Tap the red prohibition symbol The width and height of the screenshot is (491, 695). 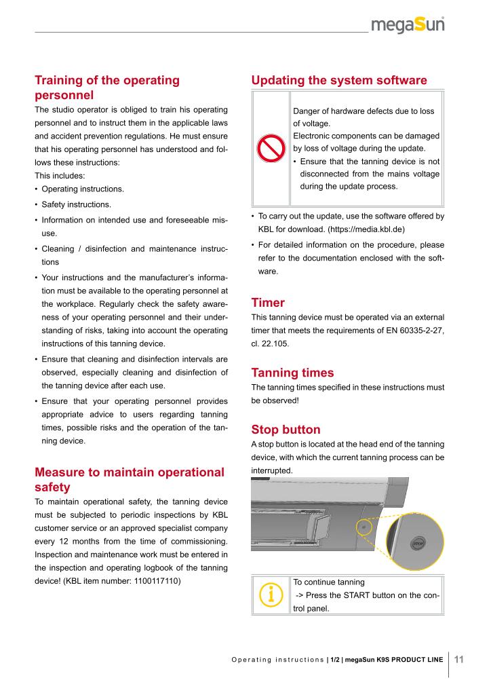[x=271, y=149]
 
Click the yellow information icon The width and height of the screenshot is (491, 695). [x=271, y=595]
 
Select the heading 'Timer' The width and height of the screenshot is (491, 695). [x=268, y=302]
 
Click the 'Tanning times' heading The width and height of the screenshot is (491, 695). [x=292, y=373]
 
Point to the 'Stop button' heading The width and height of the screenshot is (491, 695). [x=286, y=430]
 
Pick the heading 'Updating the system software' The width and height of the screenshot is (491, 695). [x=339, y=81]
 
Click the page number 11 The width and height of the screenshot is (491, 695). [x=458, y=659]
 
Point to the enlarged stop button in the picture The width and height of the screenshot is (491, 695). [x=418, y=543]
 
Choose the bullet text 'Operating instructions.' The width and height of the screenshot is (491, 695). [x=83, y=189]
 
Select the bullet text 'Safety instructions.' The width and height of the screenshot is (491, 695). [x=77, y=204]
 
